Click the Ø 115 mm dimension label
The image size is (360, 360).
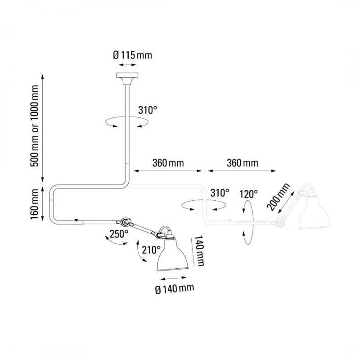pos(132,56)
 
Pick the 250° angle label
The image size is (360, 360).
pos(119,234)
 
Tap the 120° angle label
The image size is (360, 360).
pos(248,194)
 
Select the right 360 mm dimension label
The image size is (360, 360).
pos(241,162)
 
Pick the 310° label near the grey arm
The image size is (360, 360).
pos(220,193)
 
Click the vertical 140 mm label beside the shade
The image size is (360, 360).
pos(199,252)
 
